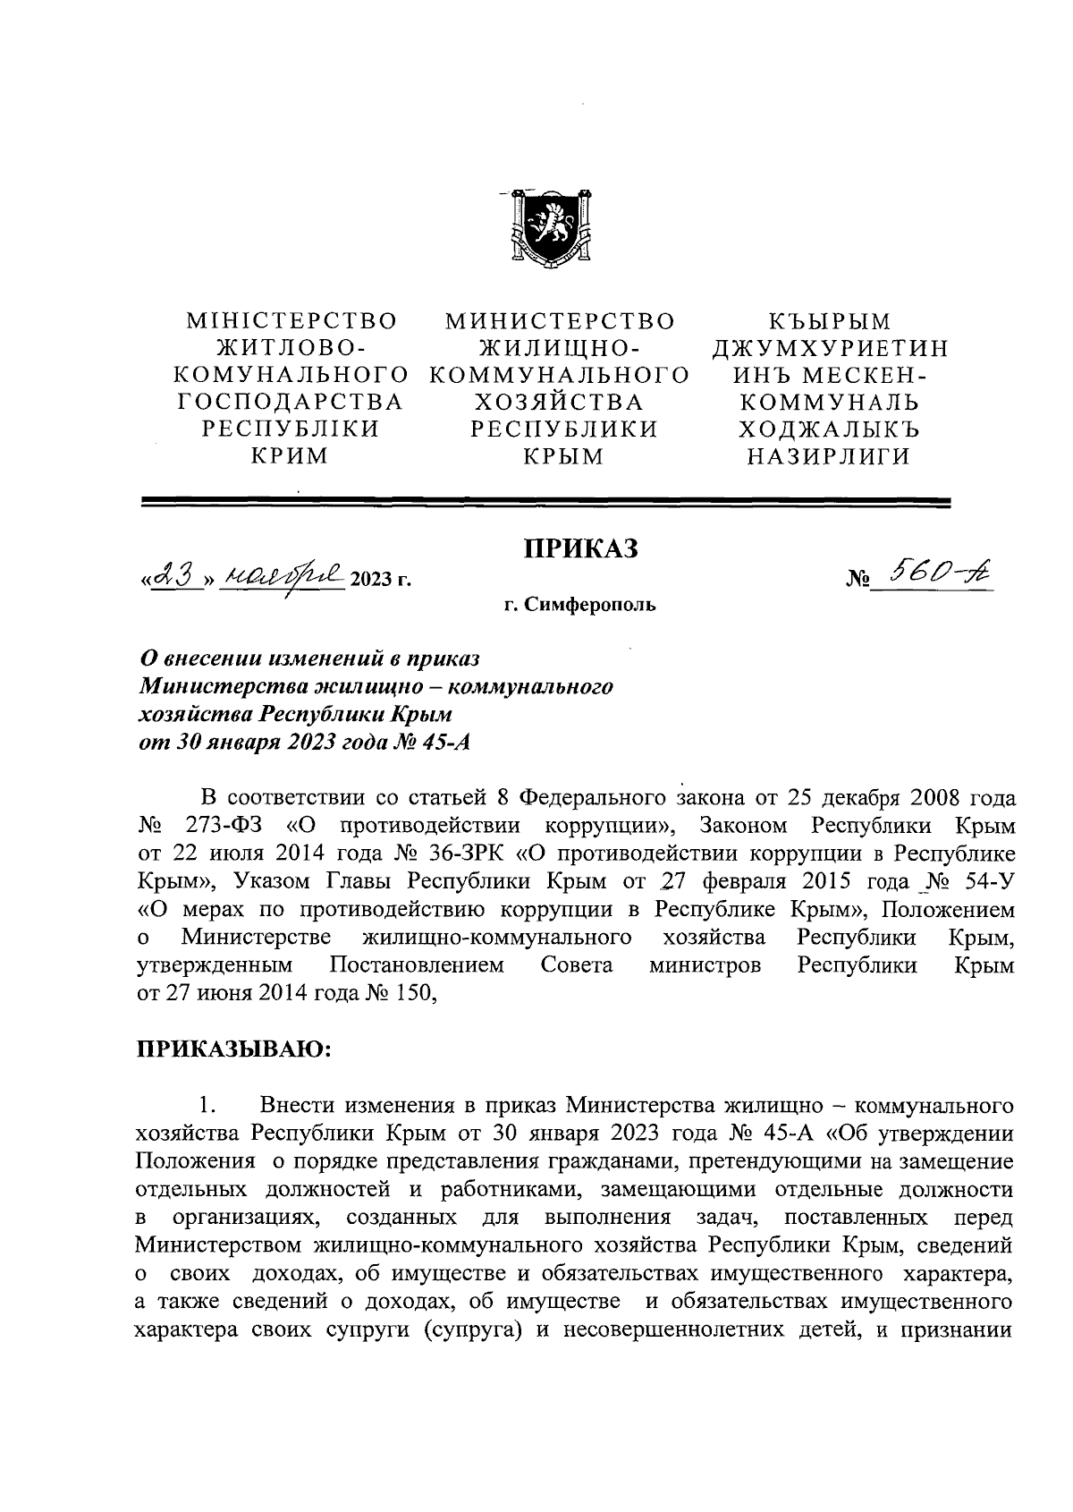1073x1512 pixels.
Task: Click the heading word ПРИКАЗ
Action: (x=580, y=548)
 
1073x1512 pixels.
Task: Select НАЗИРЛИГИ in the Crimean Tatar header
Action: (x=829, y=456)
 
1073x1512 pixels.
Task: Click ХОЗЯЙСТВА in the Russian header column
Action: (x=559, y=402)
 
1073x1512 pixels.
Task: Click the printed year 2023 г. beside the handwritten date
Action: (x=382, y=580)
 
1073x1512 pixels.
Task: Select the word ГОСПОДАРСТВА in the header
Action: (x=291, y=402)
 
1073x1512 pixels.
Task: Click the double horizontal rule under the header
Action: (x=547, y=504)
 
